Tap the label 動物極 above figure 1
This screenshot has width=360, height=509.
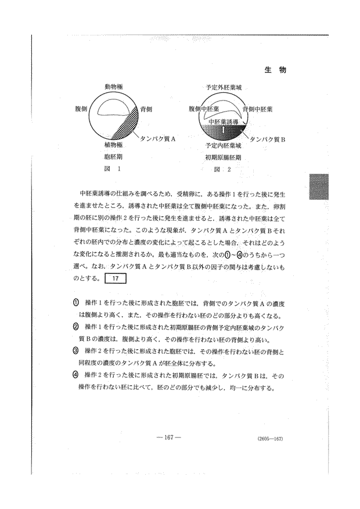point(113,87)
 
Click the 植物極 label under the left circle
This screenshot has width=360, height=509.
point(113,145)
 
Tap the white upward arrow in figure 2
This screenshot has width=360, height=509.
point(223,129)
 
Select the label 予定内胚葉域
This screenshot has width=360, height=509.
point(223,145)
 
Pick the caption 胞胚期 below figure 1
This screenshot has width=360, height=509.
point(113,157)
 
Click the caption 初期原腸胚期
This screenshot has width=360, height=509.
point(223,157)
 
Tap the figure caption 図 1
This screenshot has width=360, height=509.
point(113,170)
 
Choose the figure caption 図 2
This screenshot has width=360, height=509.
point(223,170)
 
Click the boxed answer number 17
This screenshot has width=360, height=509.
point(116,278)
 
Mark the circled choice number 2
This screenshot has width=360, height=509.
point(76,327)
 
